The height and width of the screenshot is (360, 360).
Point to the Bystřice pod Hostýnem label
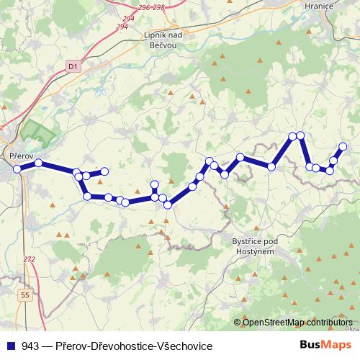[254, 244]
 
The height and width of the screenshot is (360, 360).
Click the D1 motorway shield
[73, 66]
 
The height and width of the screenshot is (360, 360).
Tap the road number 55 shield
[26, 295]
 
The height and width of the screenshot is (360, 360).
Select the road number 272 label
[29, 259]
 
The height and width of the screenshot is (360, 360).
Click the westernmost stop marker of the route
[17, 169]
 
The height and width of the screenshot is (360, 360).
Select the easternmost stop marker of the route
[343, 147]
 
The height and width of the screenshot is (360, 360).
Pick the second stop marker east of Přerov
[76, 173]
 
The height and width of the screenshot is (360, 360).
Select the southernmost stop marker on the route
[168, 205]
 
